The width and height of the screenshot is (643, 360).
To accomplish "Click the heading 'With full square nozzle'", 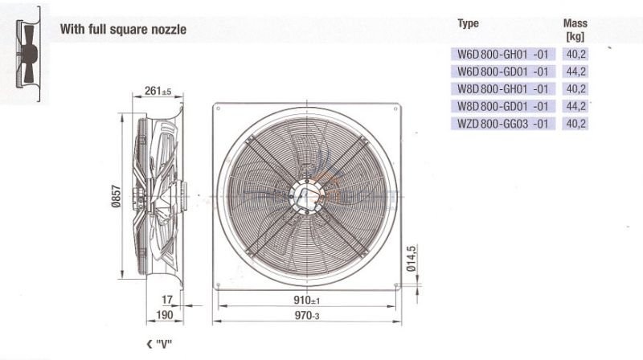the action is [x=123, y=30].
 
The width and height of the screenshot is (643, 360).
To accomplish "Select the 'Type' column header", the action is [x=468, y=24].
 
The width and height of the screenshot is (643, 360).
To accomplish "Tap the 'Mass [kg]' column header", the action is [x=575, y=30].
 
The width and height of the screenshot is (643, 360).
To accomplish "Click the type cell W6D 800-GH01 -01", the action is [x=503, y=54].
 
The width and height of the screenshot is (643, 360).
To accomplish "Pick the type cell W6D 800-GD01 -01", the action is [x=503, y=72].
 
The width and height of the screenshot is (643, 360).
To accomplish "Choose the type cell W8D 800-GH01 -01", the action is [x=503, y=89].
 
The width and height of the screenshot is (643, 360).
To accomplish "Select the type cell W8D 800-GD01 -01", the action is [x=503, y=107].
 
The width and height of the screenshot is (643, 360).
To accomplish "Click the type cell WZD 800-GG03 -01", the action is [x=503, y=124].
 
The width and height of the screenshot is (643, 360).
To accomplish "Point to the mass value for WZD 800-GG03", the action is [x=575, y=124].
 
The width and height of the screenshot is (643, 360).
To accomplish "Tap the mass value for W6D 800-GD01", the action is [x=575, y=72].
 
